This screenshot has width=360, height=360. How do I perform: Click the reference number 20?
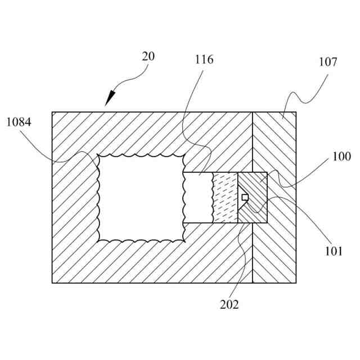tap(149, 56)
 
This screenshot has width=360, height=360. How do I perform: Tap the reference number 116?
tap(204, 60)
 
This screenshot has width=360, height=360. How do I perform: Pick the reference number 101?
tap(333, 251)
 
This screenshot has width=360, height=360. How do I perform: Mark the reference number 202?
tap(229, 304)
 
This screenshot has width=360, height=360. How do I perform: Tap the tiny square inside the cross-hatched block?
tap(245, 197)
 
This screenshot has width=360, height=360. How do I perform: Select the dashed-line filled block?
tap(225, 197)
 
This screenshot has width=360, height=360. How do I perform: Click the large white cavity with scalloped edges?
tap(141, 197)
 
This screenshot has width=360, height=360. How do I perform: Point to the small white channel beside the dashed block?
tap(198, 197)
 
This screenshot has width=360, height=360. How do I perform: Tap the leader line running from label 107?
tap(307, 96)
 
